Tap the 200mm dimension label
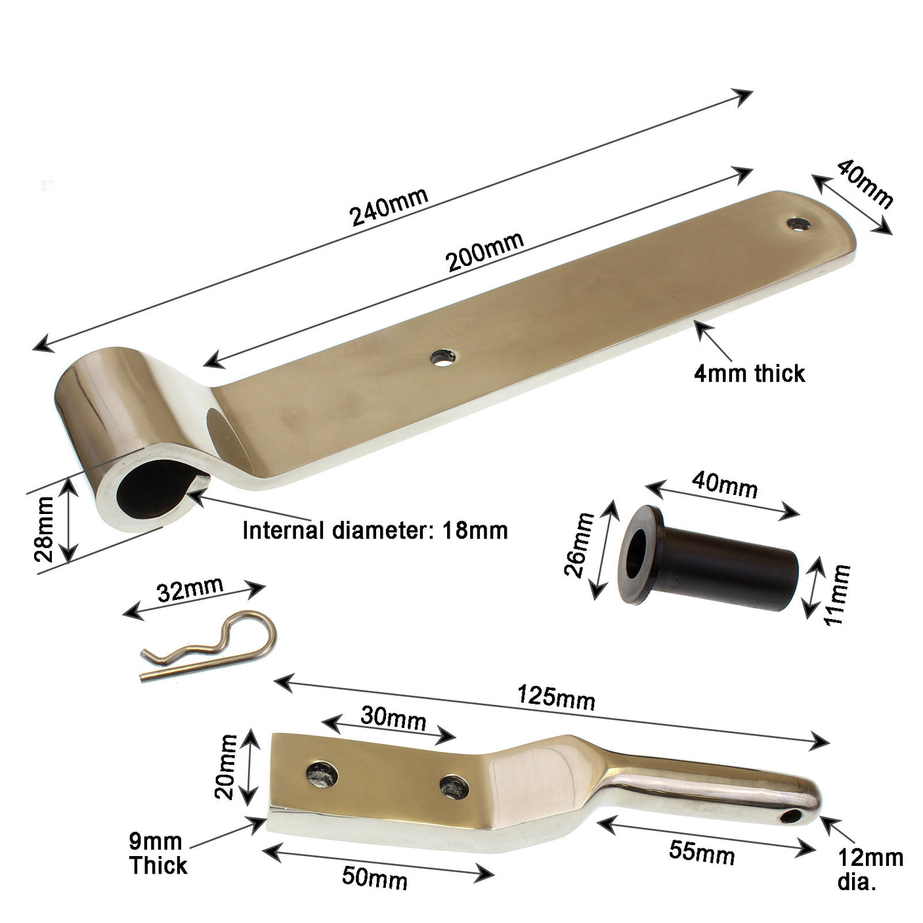point(485,252)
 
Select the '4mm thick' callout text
point(749,374)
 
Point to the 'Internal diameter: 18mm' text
point(375,530)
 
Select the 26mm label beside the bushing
point(579,544)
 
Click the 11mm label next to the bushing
point(837,594)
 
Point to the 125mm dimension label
point(556,697)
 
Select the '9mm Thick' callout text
point(158,853)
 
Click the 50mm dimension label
point(375,878)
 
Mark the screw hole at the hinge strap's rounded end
point(799,224)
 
